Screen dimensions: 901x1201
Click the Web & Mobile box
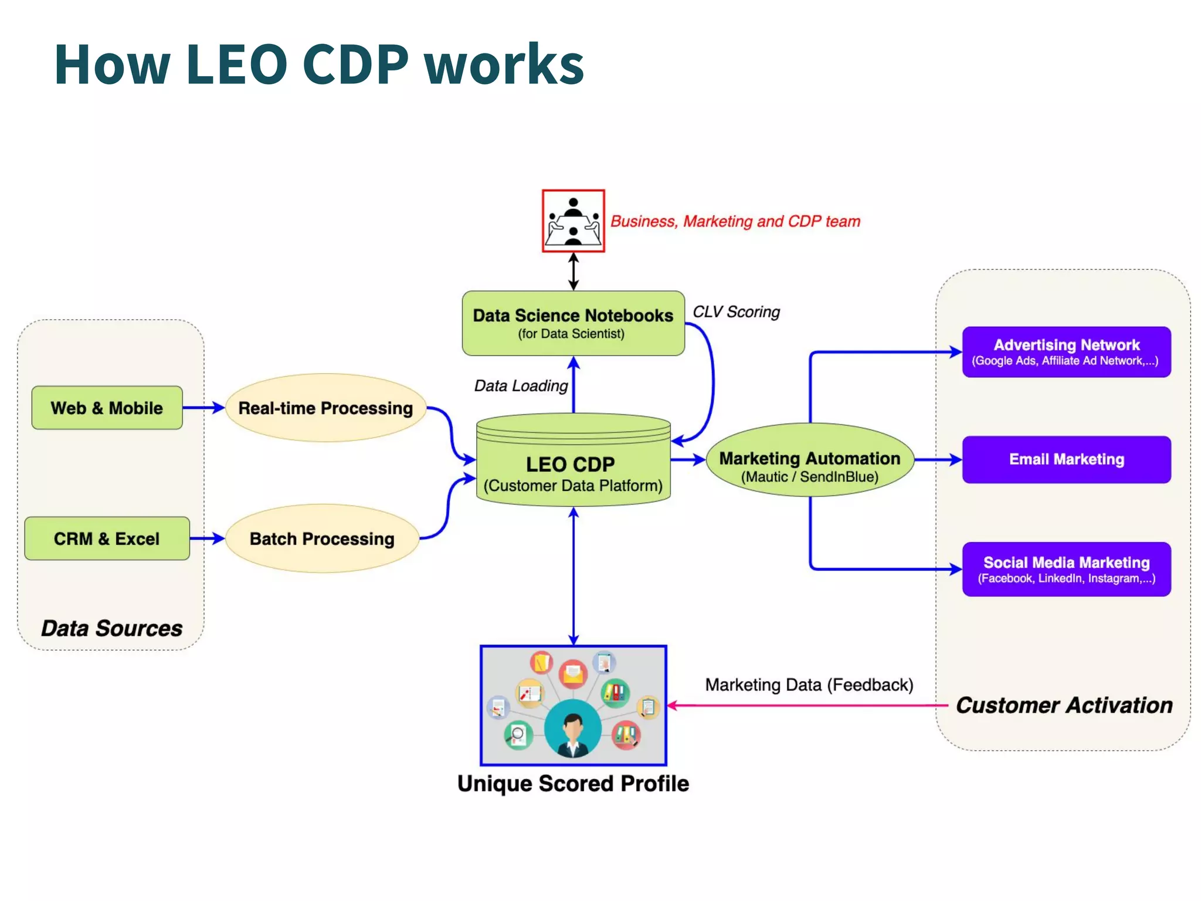tap(107, 408)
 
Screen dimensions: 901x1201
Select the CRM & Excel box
tap(107, 538)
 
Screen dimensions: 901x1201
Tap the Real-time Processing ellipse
tap(325, 408)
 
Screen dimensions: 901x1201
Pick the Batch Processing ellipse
tap(322, 538)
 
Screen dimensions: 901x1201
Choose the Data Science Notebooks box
tap(573, 323)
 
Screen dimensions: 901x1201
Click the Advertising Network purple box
tap(1066, 352)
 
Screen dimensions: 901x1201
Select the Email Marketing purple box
tap(1066, 459)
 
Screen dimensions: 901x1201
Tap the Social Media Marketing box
tap(1066, 569)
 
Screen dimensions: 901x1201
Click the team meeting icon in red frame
tap(573, 221)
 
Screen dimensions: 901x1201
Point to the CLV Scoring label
tap(736, 311)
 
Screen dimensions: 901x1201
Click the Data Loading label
tap(521, 385)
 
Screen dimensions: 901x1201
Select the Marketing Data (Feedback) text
tap(809, 685)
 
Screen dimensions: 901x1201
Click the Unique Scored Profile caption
tap(573, 784)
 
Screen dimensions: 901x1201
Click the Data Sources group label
tap(111, 628)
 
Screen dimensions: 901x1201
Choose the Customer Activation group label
tap(1064, 705)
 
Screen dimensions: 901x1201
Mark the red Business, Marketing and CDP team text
tap(735, 221)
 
